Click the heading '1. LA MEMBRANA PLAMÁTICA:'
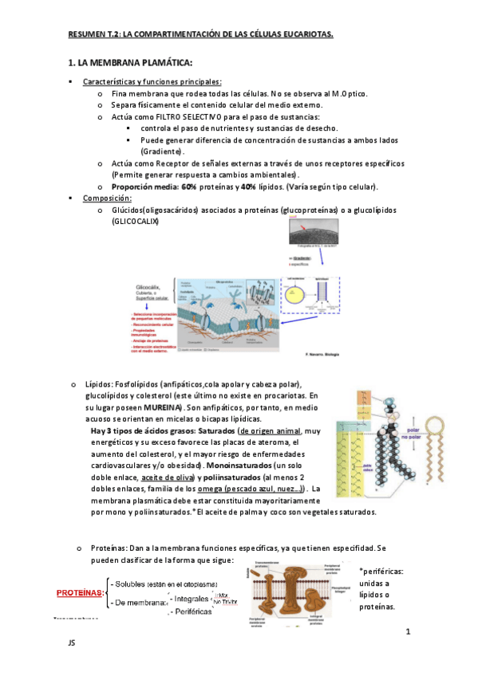click(131, 63)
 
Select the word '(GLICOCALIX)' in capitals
click(136, 222)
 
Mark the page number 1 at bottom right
click(407, 632)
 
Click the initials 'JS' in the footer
click(72, 639)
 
